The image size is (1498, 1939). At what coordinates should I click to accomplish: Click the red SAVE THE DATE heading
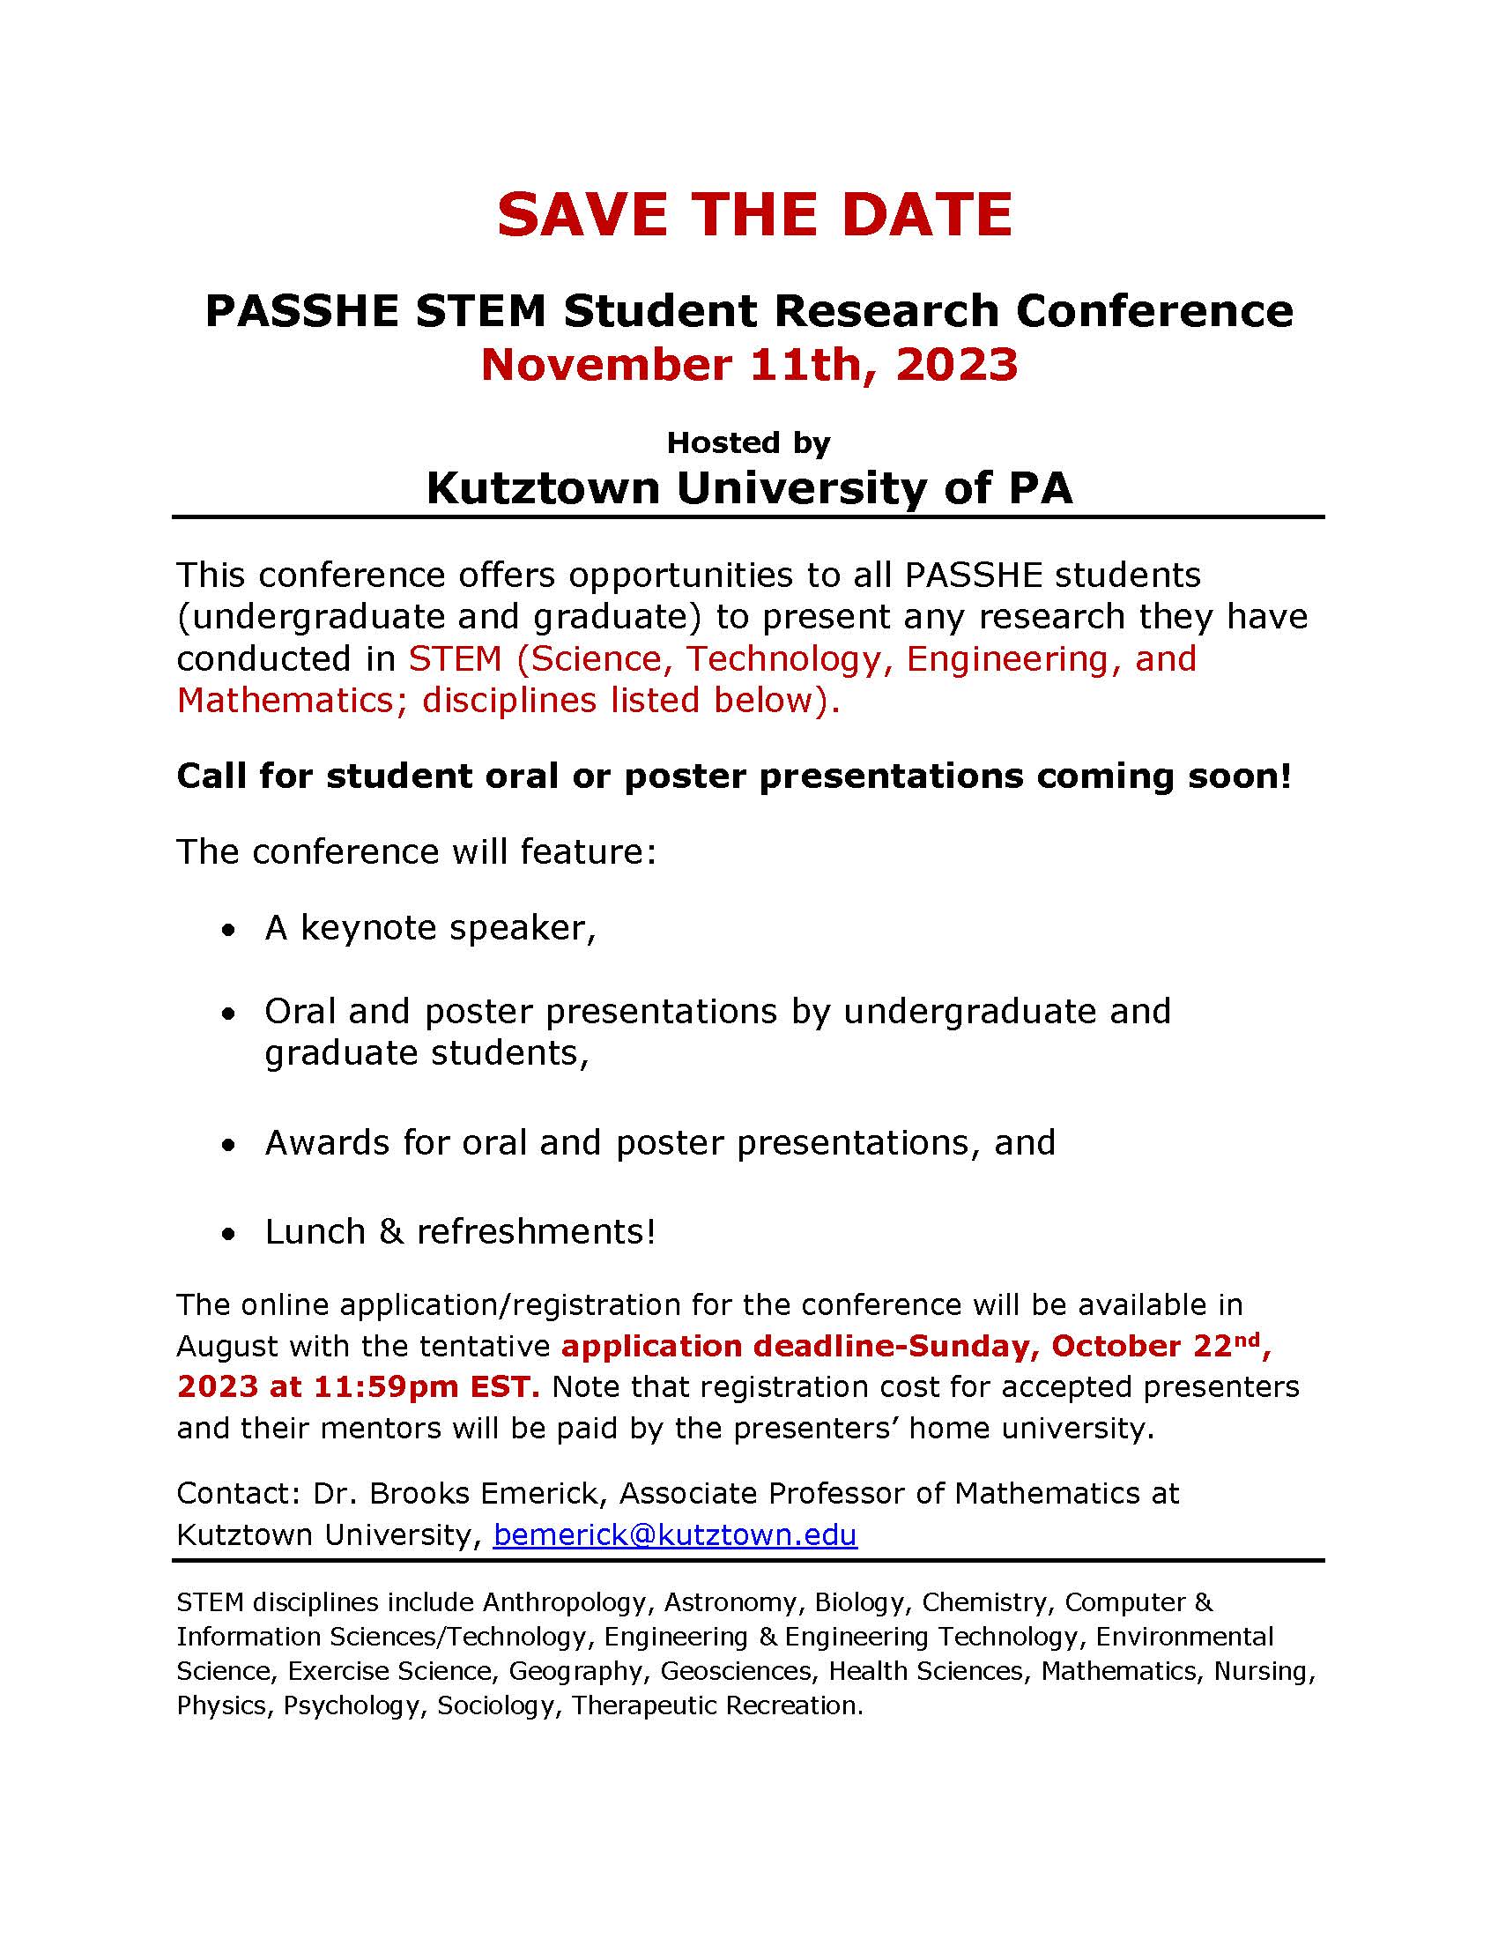754,215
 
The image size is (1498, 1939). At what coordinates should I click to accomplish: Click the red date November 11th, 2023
749,364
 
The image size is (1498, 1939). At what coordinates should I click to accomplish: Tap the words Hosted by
748,442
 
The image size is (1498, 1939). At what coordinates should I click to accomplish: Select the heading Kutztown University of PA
749,488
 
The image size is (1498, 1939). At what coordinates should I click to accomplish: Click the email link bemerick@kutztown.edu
674,1534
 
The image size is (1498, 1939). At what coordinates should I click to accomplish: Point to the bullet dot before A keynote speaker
230,931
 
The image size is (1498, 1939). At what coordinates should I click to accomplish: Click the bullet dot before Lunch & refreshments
230,1234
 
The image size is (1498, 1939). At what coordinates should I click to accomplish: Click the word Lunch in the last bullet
315,1231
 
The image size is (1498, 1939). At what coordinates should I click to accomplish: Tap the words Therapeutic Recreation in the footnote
716,1705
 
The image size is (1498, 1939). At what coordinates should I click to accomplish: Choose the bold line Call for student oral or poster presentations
733,776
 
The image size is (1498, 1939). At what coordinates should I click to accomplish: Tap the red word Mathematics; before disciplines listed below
292,701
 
